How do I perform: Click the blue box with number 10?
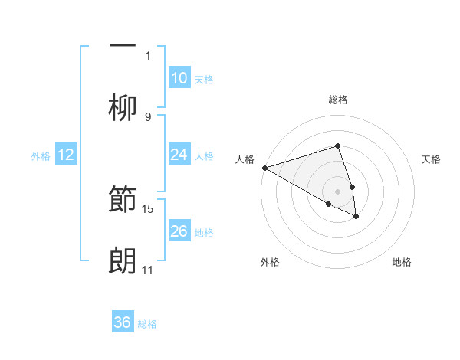[179, 77]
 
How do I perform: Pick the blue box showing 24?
[179, 155]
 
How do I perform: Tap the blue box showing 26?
[179, 231]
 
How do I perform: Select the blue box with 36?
[123, 322]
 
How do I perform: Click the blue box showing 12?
[66, 155]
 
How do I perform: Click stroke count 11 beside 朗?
[148, 270]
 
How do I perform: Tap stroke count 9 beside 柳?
[148, 116]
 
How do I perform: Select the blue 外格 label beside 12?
[41, 156]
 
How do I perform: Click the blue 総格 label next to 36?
[147, 324]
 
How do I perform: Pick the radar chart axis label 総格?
[338, 100]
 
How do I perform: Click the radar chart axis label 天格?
[432, 159]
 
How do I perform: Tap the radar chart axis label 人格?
[245, 159]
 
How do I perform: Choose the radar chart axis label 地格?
[402, 262]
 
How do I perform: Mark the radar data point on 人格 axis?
[264, 167]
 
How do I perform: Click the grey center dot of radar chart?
[338, 191]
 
